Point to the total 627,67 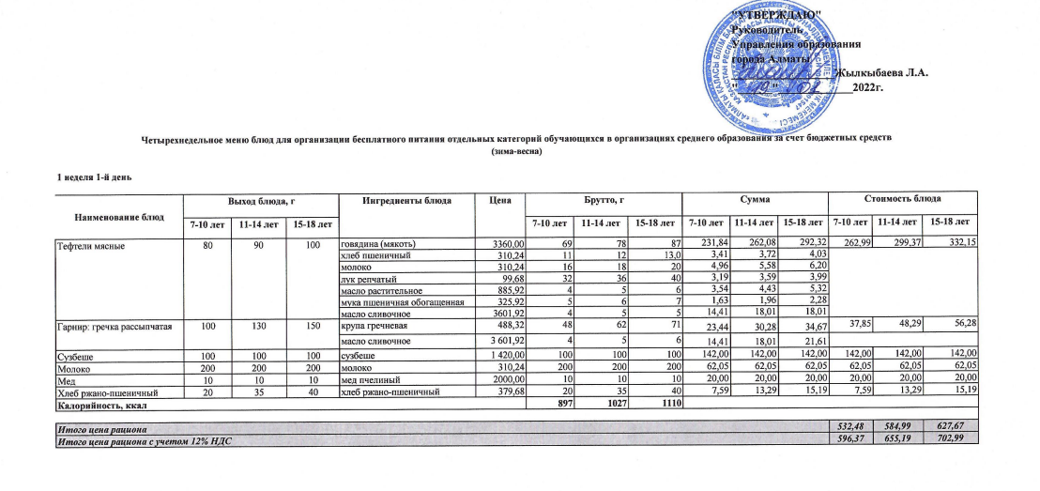tap(957, 428)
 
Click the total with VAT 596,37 tap(848, 439)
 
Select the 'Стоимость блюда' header tap(902, 201)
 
